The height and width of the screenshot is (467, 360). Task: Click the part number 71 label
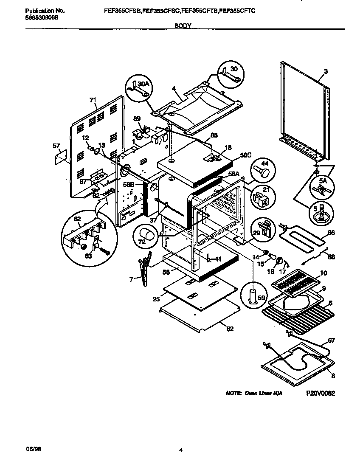[92, 100]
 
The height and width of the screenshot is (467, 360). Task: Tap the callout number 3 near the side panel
[326, 72]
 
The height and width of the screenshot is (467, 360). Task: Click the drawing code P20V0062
[321, 394]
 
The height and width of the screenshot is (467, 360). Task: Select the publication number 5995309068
[39, 17]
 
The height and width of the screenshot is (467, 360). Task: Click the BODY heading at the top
[183, 25]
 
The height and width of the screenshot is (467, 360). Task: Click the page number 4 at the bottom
[180, 450]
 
